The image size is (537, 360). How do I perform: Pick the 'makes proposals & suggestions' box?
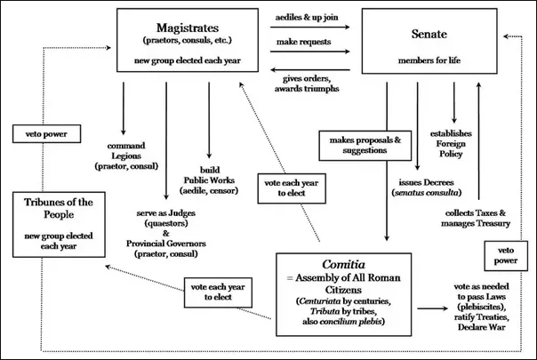point(357,146)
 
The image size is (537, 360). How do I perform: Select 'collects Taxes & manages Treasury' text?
point(477,217)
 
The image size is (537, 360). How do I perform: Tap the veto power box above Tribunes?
point(48,136)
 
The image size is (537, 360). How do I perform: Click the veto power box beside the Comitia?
point(503,257)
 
